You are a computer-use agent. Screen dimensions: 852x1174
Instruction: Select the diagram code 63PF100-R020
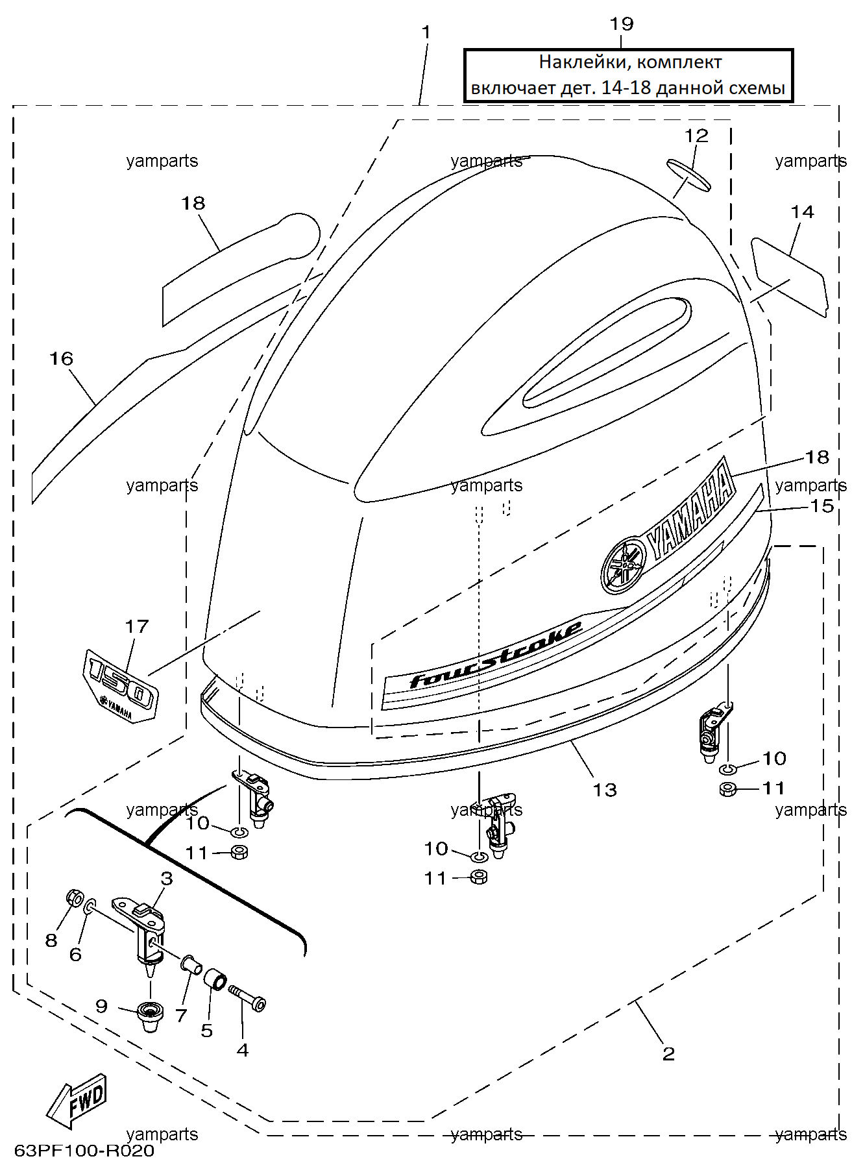pyautogui.click(x=84, y=1151)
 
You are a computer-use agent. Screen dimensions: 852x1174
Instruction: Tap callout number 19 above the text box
pyautogui.click(x=621, y=24)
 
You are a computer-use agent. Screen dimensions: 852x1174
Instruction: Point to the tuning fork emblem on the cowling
pyautogui.click(x=624, y=565)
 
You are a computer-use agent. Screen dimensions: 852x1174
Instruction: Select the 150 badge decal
pyautogui.click(x=121, y=685)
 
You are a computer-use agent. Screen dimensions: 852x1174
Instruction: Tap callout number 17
pyautogui.click(x=137, y=626)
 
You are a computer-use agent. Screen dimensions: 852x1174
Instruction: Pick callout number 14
pyautogui.click(x=802, y=212)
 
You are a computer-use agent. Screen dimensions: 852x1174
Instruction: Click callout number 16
pyautogui.click(x=62, y=359)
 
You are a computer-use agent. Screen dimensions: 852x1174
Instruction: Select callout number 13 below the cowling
pyautogui.click(x=605, y=790)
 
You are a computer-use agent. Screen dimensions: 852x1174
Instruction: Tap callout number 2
pyautogui.click(x=668, y=1053)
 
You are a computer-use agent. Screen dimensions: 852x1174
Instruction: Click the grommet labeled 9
pyautogui.click(x=151, y=1015)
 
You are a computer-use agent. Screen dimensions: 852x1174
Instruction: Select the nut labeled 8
pyautogui.click(x=75, y=899)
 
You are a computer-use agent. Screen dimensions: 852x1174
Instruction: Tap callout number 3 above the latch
pyautogui.click(x=167, y=879)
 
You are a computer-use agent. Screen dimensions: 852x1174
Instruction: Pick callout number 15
pyautogui.click(x=822, y=506)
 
